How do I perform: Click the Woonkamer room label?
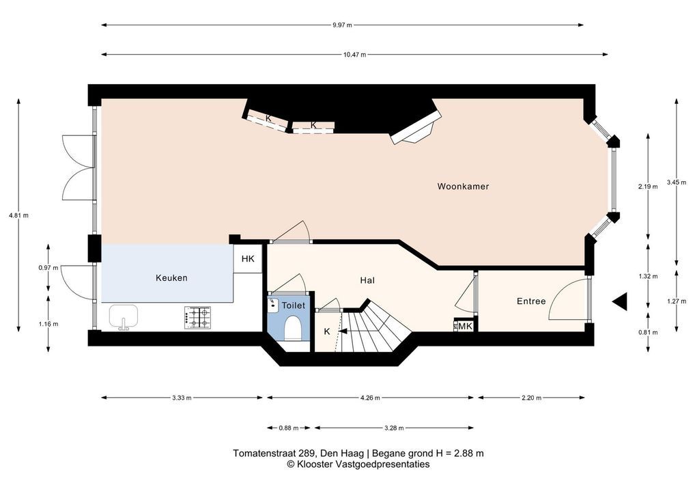(463, 187)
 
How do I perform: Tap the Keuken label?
(171, 277)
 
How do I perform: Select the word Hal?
(367, 280)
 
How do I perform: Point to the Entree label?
(531, 301)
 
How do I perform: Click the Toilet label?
(294, 305)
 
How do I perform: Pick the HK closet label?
(248, 259)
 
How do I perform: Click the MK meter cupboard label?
(466, 327)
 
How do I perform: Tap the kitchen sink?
(124, 317)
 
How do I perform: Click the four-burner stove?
(197, 318)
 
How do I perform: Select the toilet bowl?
(292, 328)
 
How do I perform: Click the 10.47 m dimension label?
(354, 55)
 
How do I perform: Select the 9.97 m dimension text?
(342, 25)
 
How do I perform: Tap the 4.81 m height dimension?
(18, 216)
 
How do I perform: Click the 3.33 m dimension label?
(182, 398)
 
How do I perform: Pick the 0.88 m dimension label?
(289, 428)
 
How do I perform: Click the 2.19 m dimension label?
(648, 187)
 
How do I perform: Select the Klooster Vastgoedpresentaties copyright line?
(358, 465)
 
